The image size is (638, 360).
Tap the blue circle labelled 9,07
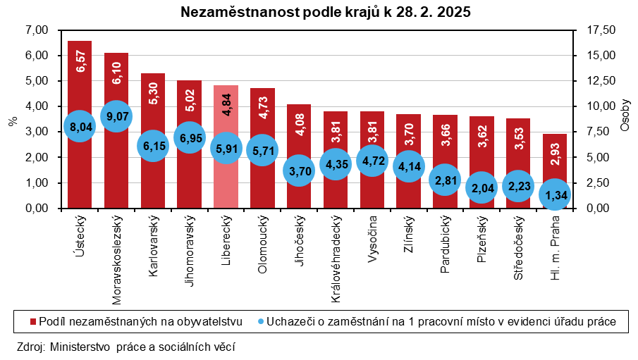tap(116, 116)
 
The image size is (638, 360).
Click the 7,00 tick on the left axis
tap(35, 30)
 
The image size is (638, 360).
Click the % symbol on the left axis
tap(12, 120)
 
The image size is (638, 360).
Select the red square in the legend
tap(32, 321)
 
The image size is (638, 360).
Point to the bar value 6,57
tap(80, 60)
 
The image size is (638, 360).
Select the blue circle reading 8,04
tap(79, 127)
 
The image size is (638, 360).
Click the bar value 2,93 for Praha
tap(556, 151)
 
